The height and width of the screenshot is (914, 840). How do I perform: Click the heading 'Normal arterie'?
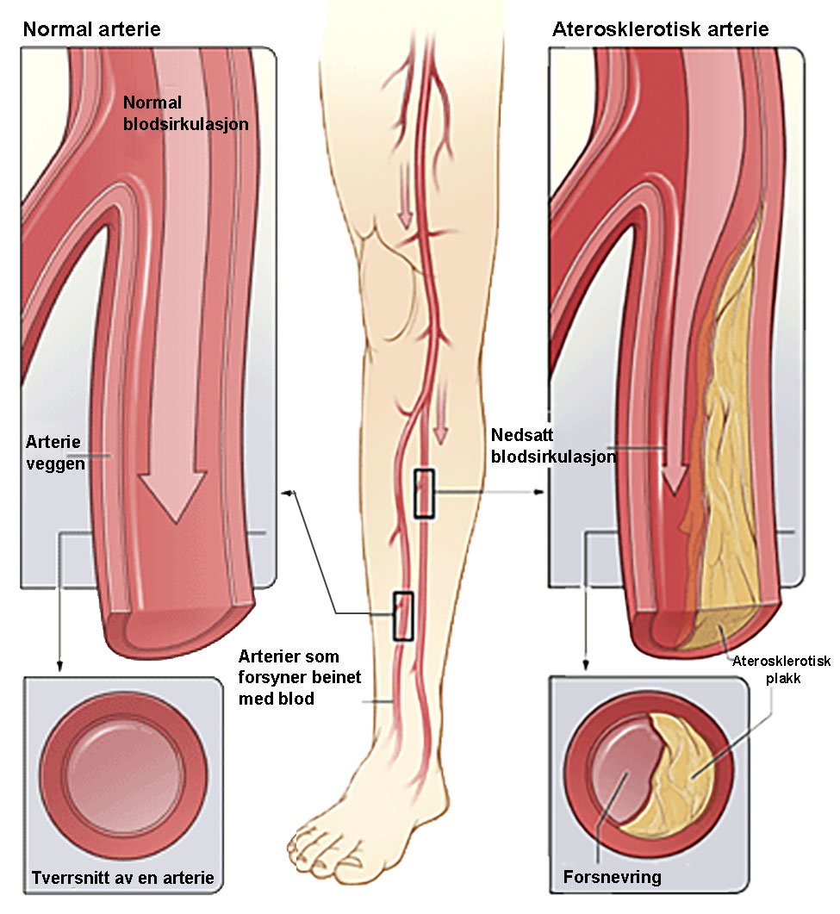click(91, 29)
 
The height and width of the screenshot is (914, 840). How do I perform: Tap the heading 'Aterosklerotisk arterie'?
click(661, 29)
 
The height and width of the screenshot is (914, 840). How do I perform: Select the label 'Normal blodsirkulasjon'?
click(185, 113)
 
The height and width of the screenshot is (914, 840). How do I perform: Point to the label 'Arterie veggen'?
click(55, 452)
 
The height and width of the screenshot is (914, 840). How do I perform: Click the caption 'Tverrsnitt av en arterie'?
click(123, 877)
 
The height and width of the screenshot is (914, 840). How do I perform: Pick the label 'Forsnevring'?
click(612, 877)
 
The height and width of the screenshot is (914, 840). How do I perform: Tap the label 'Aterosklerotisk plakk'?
click(781, 669)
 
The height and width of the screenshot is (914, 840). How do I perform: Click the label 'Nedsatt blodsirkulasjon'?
click(553, 445)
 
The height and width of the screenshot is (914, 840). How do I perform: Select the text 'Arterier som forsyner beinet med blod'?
click(300, 677)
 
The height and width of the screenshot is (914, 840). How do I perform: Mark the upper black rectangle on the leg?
click(425, 494)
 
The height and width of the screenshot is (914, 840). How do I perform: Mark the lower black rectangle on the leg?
click(403, 616)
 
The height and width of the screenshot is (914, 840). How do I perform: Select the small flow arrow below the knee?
click(441, 416)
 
